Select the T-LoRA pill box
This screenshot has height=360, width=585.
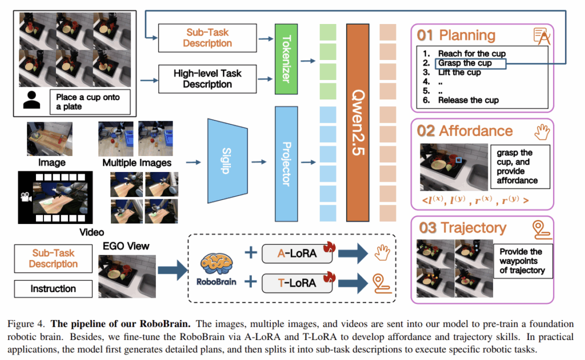click(x=297, y=282)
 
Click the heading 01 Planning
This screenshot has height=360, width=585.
click(x=456, y=35)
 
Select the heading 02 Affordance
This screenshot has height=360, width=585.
click(x=464, y=131)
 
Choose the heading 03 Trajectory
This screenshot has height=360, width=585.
click(x=462, y=228)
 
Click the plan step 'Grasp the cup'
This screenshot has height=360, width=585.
click(x=465, y=63)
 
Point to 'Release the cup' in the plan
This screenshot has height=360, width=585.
click(x=468, y=100)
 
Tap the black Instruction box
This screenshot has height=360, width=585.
click(x=53, y=289)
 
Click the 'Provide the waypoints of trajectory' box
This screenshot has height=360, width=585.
click(x=523, y=261)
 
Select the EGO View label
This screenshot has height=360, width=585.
click(x=126, y=246)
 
